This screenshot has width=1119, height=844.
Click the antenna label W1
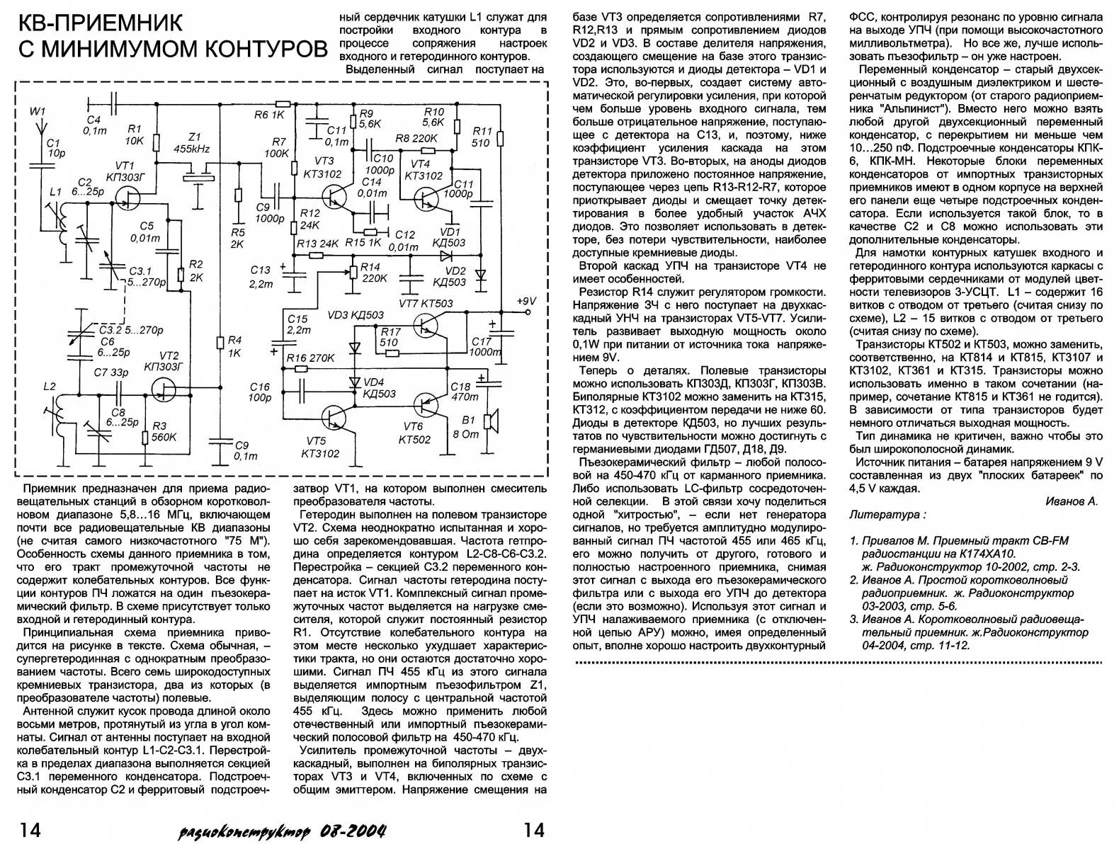click(37, 111)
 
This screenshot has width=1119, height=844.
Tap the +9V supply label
click(526, 300)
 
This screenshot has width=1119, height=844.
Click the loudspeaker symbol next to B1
click(489, 421)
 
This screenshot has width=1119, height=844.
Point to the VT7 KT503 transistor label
click(427, 304)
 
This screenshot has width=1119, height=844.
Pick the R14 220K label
click(373, 273)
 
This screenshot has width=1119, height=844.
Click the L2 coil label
click(49, 387)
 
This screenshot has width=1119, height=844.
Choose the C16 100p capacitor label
click(260, 392)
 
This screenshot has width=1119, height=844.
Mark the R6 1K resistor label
click(268, 114)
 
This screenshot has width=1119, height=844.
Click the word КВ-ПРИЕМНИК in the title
click(100, 23)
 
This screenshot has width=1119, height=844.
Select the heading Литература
click(887, 515)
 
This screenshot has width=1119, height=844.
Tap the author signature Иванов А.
click(1071, 501)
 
